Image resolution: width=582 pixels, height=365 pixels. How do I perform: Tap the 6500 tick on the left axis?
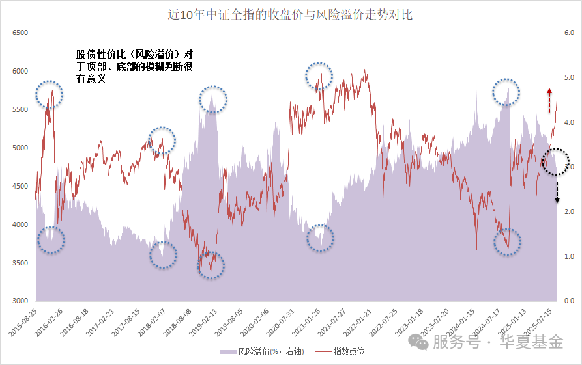tap(21, 33)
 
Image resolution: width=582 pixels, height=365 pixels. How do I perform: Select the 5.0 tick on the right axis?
tap(568, 77)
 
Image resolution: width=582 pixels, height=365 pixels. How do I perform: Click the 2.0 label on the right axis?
tap(568, 212)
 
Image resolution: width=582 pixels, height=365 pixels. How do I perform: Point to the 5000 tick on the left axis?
tap(21, 148)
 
